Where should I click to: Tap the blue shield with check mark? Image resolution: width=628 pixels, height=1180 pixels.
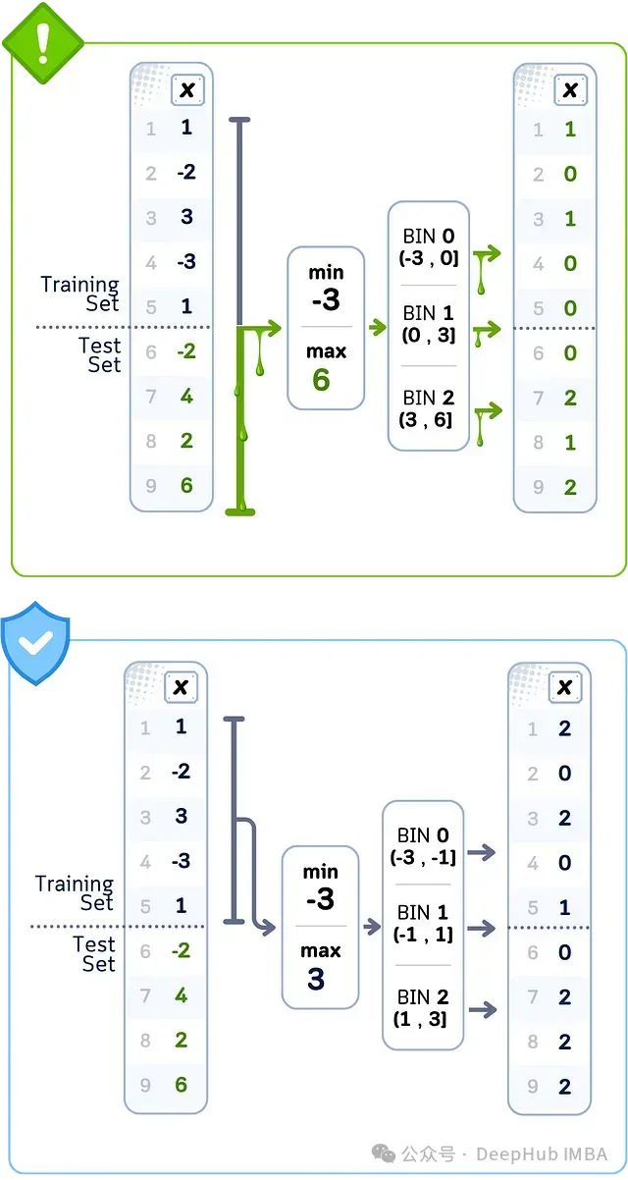(x=36, y=642)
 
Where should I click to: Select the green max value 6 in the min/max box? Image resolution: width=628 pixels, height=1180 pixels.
(x=321, y=379)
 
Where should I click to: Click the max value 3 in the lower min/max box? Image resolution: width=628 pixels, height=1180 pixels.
(x=315, y=978)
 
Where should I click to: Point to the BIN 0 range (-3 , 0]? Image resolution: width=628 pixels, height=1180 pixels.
(x=428, y=247)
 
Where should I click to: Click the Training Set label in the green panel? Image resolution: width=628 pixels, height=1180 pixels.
(x=79, y=294)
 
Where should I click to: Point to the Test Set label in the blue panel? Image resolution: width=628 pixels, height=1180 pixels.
(x=96, y=954)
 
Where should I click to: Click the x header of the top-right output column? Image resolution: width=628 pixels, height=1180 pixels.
(x=568, y=90)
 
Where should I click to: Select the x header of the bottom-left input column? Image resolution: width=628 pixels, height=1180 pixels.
(x=181, y=688)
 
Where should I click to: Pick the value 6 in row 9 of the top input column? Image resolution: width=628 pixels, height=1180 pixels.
(x=186, y=486)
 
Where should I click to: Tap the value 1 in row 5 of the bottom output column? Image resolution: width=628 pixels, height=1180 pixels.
(x=564, y=908)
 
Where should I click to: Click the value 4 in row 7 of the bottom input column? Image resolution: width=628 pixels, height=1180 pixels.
(x=181, y=995)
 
